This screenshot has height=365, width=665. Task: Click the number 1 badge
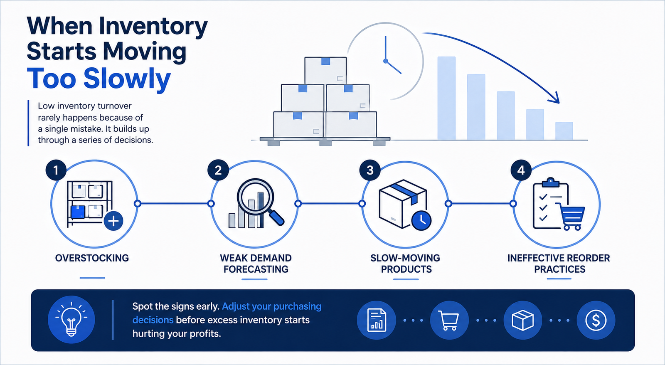tap(56, 170)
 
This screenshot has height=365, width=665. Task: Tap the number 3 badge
tap(370, 170)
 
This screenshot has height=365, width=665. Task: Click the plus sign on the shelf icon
tap(113, 221)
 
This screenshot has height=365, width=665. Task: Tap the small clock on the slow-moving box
tap(421, 220)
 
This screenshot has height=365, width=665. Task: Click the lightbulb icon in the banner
tap(71, 319)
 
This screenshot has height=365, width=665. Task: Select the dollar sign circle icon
tap(596, 320)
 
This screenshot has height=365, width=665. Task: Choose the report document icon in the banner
tap(376, 320)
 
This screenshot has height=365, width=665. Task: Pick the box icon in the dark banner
tap(523, 320)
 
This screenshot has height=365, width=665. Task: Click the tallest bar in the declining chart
tap(446, 98)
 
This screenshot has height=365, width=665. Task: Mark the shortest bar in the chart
tap(564, 131)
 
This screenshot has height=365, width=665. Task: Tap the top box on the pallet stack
tap(325, 71)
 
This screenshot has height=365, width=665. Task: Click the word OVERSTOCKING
tap(92, 258)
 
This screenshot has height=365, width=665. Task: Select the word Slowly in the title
tap(127, 79)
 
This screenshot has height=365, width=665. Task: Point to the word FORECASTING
tap(256, 269)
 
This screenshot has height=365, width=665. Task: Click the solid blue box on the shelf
tap(78, 212)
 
